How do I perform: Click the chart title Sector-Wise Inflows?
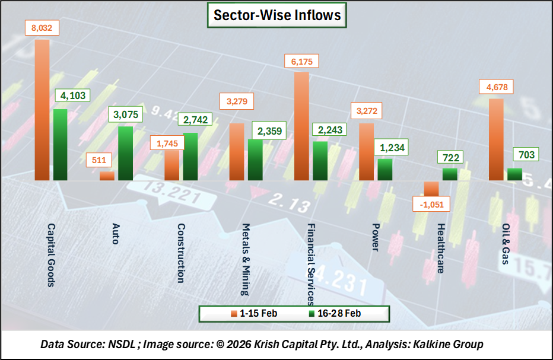point(276,15)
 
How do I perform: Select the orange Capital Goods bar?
point(42,110)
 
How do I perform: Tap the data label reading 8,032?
point(42,27)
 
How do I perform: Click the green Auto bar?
point(125,153)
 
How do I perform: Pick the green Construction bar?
point(190,156)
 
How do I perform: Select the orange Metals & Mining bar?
point(237,151)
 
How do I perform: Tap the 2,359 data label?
point(266,129)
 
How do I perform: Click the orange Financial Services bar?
point(301,126)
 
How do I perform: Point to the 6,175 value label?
point(301,61)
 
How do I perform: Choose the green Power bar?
point(385,169)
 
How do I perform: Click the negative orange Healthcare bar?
point(431,188)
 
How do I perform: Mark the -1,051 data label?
point(431,205)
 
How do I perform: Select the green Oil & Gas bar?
point(514,174)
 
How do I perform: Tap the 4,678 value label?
point(495,88)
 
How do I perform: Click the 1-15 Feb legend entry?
point(255,313)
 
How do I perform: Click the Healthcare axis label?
point(440,248)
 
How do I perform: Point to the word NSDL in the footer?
point(123,344)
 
